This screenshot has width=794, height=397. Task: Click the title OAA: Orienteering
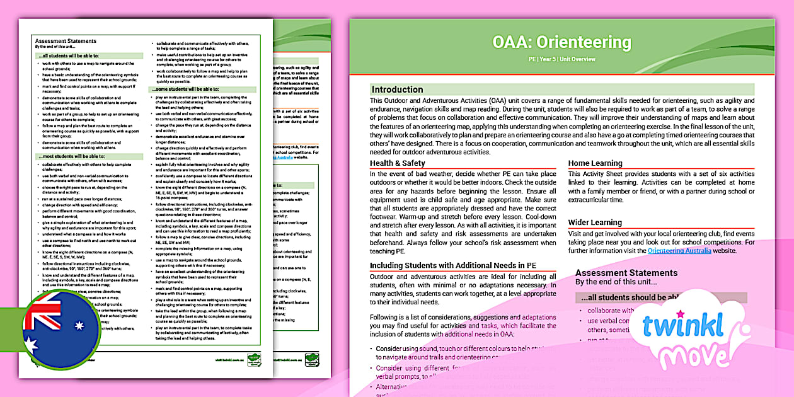click(561, 42)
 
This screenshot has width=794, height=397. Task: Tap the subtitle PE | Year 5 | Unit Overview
click(561, 59)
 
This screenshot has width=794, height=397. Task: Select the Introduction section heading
click(397, 89)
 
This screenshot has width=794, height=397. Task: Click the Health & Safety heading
click(398, 164)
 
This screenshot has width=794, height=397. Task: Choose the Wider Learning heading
click(595, 222)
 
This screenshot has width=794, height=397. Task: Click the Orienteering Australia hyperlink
click(679, 251)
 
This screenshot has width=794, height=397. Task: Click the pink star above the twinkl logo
click(680, 313)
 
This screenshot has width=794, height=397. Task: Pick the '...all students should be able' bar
click(662, 298)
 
